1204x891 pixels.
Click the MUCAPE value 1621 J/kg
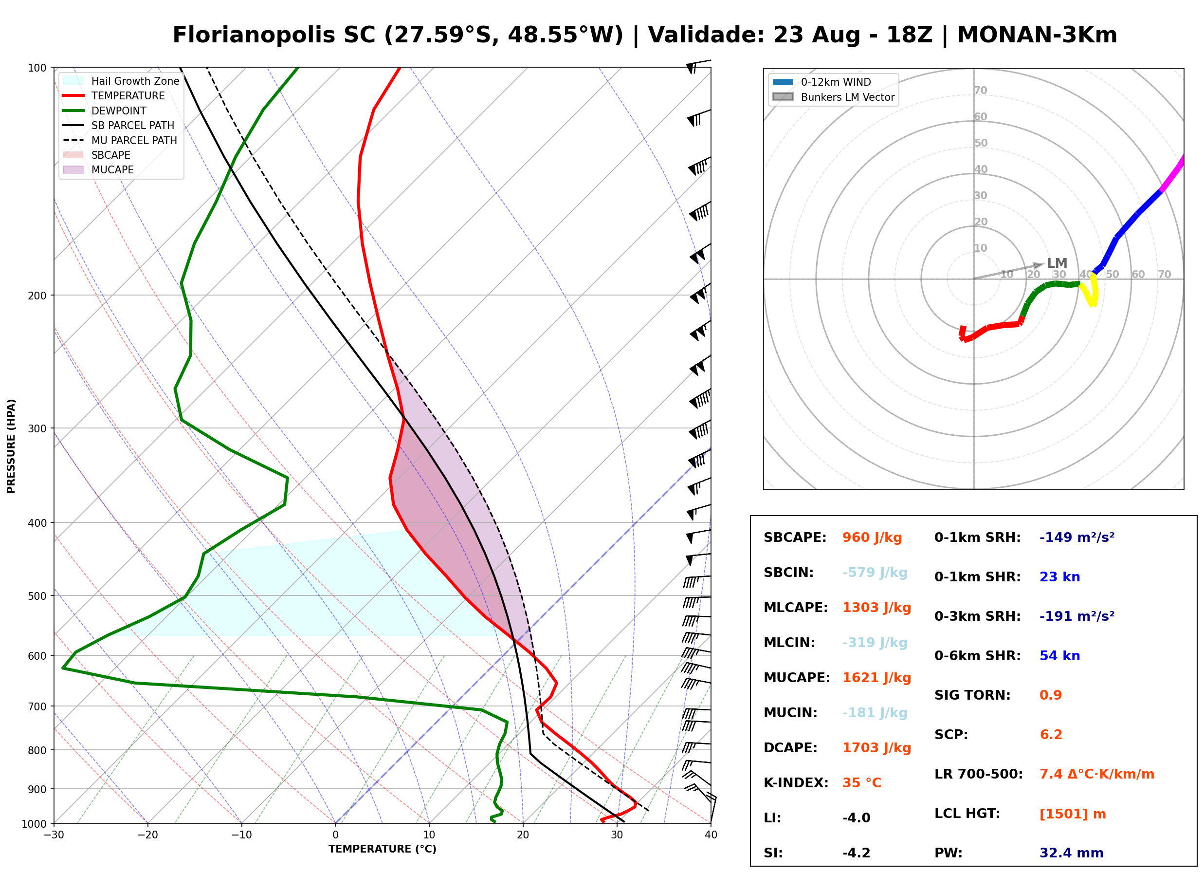point(877,678)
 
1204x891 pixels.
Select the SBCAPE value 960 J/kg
point(872,538)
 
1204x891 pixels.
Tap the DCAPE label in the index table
point(790,748)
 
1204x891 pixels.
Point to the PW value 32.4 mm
point(1072,853)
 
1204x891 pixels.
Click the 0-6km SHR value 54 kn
point(1059,656)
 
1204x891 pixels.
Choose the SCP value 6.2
point(1051,735)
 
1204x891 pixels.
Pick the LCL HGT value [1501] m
point(1073,814)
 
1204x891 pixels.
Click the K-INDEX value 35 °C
point(862,783)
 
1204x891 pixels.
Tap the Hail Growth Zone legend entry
point(121,81)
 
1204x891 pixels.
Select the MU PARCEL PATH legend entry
point(120,140)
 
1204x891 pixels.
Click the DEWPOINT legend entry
point(105,111)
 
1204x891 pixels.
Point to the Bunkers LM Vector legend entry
point(833,97)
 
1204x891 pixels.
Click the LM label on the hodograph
point(1057,263)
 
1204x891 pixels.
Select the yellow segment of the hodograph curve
point(1089,290)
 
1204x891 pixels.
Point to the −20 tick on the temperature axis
point(147,835)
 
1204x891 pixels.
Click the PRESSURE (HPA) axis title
point(11,446)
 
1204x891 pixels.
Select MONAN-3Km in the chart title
point(1037,35)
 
